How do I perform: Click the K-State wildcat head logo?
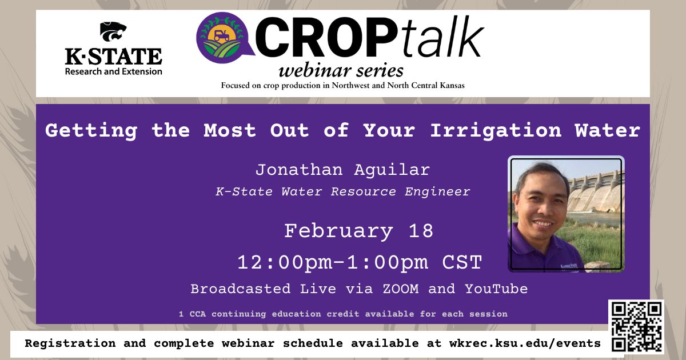113,33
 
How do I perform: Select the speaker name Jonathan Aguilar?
342,170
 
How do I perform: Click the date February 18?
359,231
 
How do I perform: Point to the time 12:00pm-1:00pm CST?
360,262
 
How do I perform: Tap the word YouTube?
496,289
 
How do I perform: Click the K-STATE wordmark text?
113,57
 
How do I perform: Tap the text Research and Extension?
113,71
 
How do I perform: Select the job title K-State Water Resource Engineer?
342,192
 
